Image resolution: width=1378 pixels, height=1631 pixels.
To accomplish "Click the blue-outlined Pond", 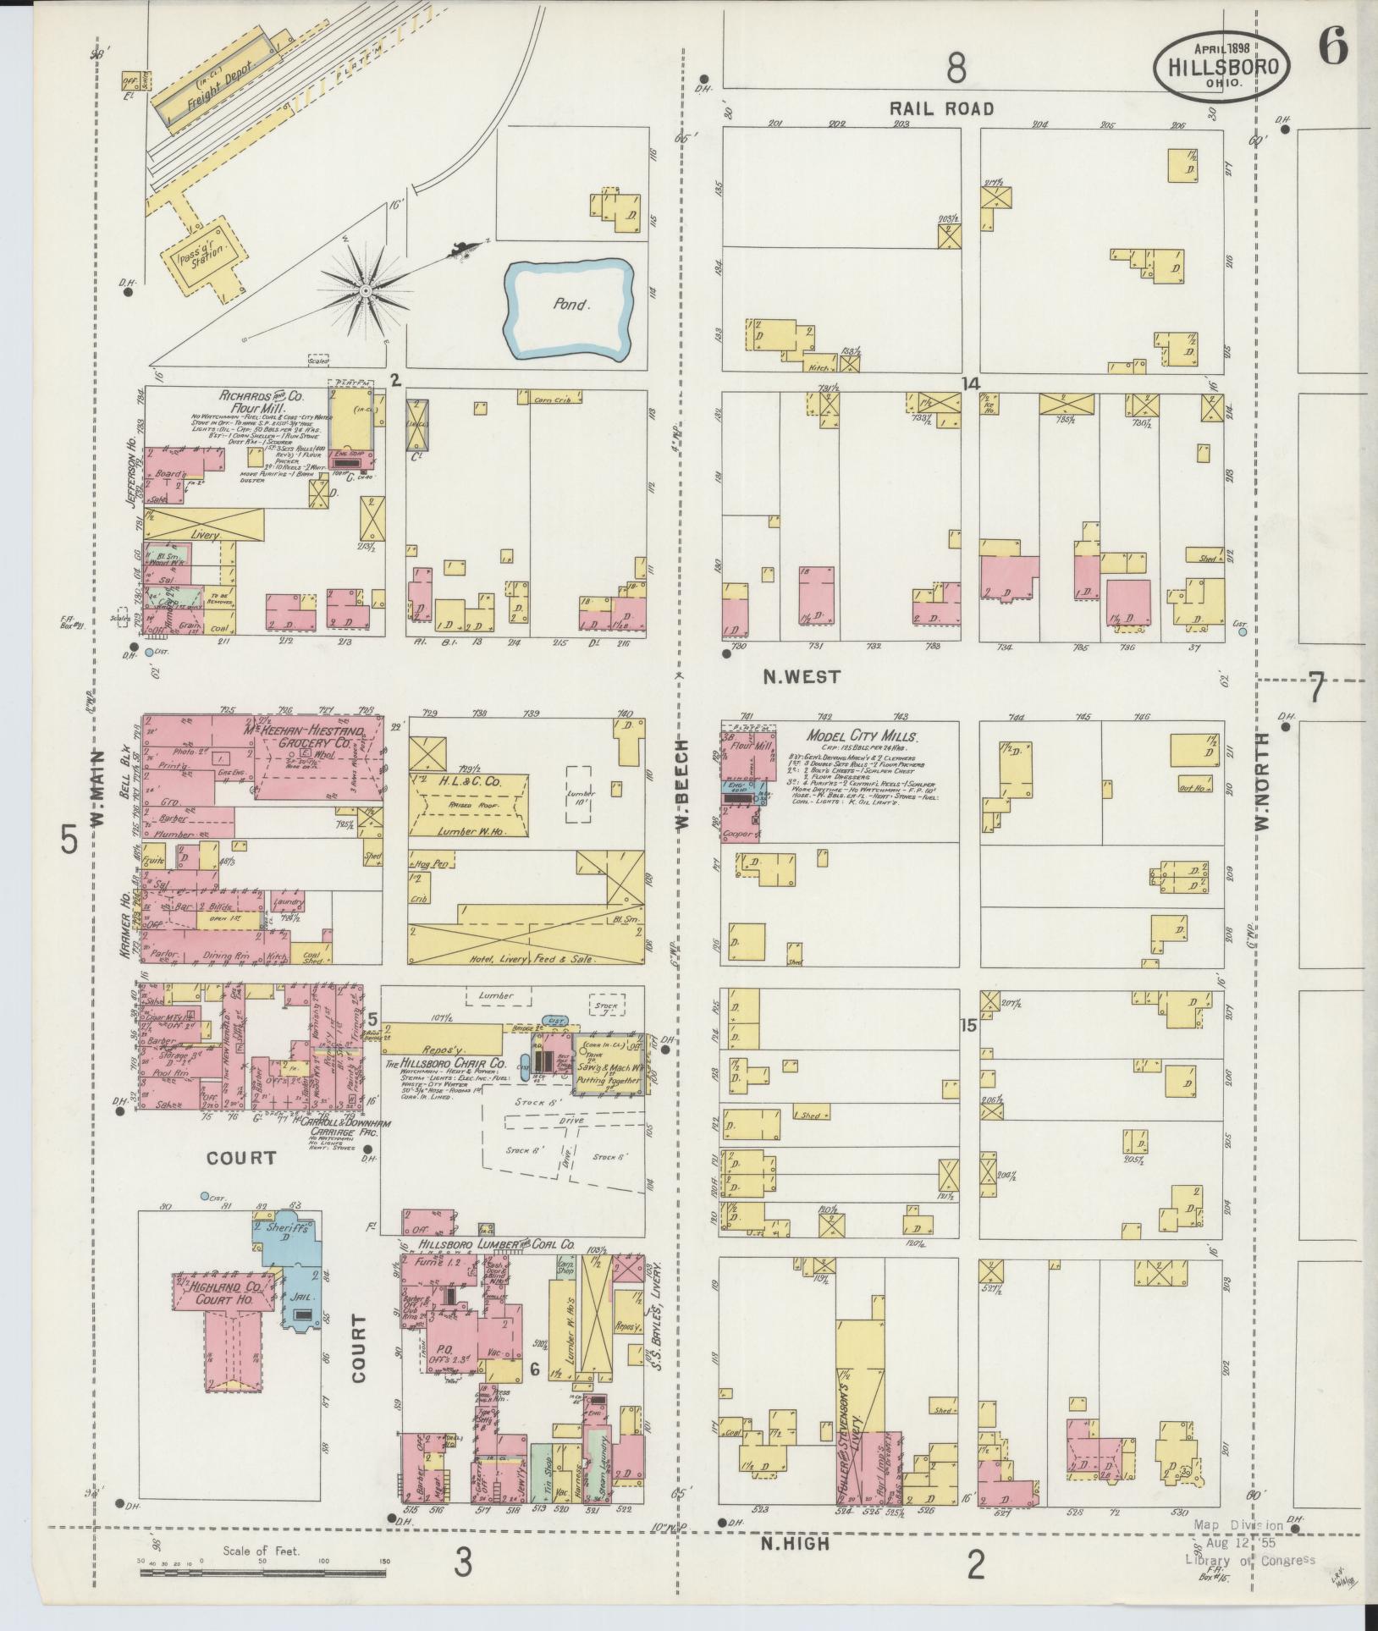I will (x=570, y=305).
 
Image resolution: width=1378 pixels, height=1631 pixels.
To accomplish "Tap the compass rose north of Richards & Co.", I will (x=366, y=290).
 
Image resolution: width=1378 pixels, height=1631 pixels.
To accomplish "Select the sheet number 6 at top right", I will (x=1331, y=48).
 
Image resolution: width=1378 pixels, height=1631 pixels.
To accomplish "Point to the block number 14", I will (x=970, y=383).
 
